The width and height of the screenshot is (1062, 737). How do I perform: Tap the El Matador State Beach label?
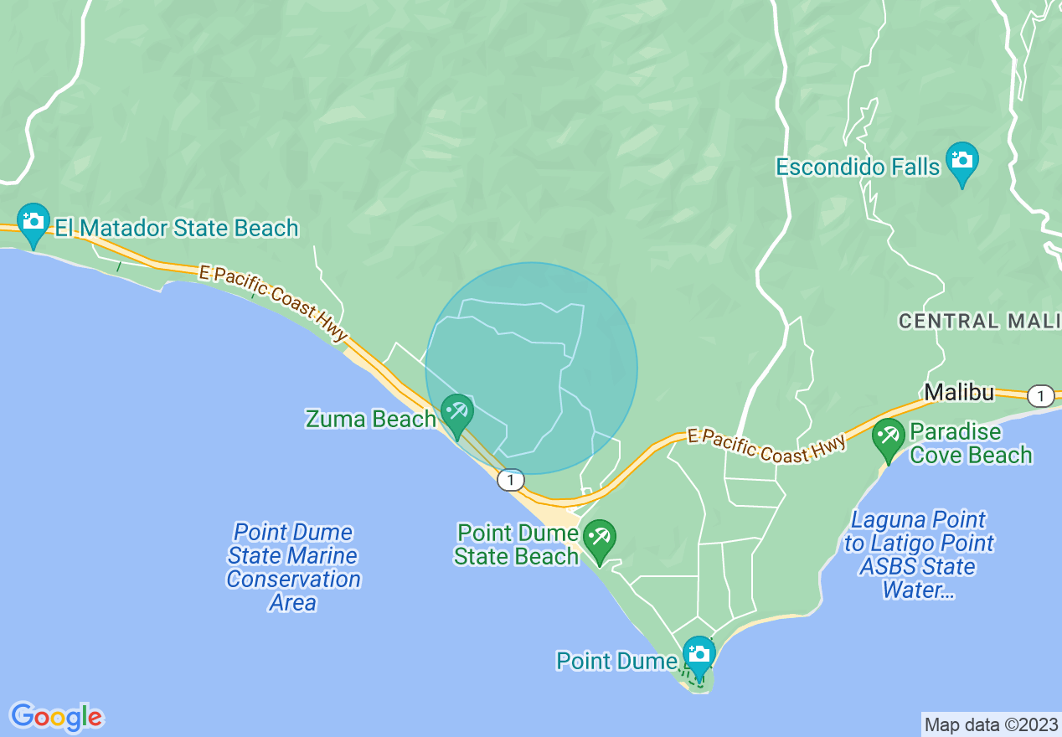click(177, 228)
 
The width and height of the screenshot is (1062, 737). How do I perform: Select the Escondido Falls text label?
click(858, 167)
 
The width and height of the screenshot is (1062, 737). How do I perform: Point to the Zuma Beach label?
click(371, 419)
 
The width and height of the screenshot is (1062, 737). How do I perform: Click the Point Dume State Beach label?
click(517, 544)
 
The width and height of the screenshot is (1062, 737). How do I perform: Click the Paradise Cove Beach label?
click(971, 444)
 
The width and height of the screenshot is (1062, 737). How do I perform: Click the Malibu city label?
click(959, 392)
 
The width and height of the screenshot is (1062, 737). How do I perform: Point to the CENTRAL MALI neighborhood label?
click(979, 321)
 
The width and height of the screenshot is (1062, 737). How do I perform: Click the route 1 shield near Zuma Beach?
click(510, 480)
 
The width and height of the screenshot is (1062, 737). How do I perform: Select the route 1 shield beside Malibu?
click(1040, 396)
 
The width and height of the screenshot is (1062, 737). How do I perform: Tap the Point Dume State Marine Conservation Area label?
click(293, 567)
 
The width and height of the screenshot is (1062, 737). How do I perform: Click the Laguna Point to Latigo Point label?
click(918, 555)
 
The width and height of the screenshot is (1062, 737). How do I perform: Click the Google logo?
click(56, 717)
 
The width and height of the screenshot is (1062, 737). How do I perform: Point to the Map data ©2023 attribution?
click(990, 724)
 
